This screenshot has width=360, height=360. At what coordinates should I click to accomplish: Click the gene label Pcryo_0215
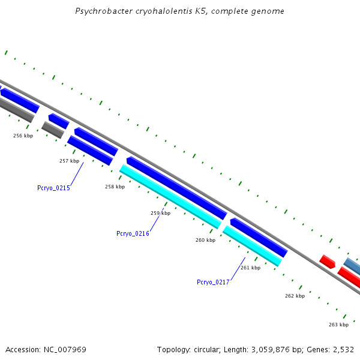(53, 188)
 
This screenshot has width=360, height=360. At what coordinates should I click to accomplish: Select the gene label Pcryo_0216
(133, 233)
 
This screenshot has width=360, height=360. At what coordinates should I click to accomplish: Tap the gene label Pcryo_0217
(213, 282)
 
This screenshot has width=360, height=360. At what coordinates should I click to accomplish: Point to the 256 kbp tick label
(23, 136)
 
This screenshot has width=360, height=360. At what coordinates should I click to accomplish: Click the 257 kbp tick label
(69, 161)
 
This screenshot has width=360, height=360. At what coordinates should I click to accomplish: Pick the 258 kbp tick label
(115, 187)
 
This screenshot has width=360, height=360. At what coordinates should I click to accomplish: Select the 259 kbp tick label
(160, 213)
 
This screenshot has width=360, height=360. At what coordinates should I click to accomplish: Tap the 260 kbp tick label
(205, 240)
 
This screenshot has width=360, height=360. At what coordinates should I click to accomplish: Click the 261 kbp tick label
(250, 268)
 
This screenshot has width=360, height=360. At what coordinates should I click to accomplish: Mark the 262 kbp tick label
(295, 296)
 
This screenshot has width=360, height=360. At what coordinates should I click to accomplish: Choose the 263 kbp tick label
(338, 325)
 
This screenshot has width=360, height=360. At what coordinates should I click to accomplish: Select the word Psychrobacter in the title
(100, 11)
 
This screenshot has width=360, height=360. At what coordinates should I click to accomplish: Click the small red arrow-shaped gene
(327, 262)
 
